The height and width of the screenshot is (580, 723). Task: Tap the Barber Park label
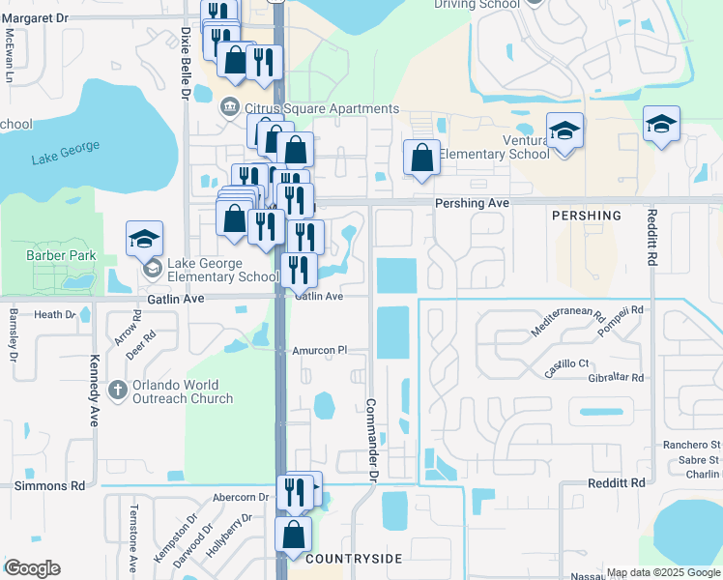click(57, 256)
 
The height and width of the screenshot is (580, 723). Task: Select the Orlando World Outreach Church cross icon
click(118, 390)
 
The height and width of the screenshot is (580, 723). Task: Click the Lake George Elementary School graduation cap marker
click(145, 239)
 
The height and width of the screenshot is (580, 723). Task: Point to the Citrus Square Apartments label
click(322, 109)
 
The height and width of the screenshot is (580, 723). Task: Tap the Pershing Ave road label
click(472, 204)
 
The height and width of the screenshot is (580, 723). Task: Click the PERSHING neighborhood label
click(587, 215)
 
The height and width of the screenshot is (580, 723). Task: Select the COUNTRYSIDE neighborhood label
click(352, 560)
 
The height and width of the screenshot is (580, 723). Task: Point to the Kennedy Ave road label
click(95, 403)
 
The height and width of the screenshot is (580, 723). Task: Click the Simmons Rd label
click(49, 485)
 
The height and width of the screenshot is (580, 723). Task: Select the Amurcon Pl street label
click(319, 350)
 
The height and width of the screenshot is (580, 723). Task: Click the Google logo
click(32, 568)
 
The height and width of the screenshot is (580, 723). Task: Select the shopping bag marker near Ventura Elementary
click(421, 159)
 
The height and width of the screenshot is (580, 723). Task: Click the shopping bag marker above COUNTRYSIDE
click(293, 534)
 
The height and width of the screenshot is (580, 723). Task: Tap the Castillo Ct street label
click(567, 362)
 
